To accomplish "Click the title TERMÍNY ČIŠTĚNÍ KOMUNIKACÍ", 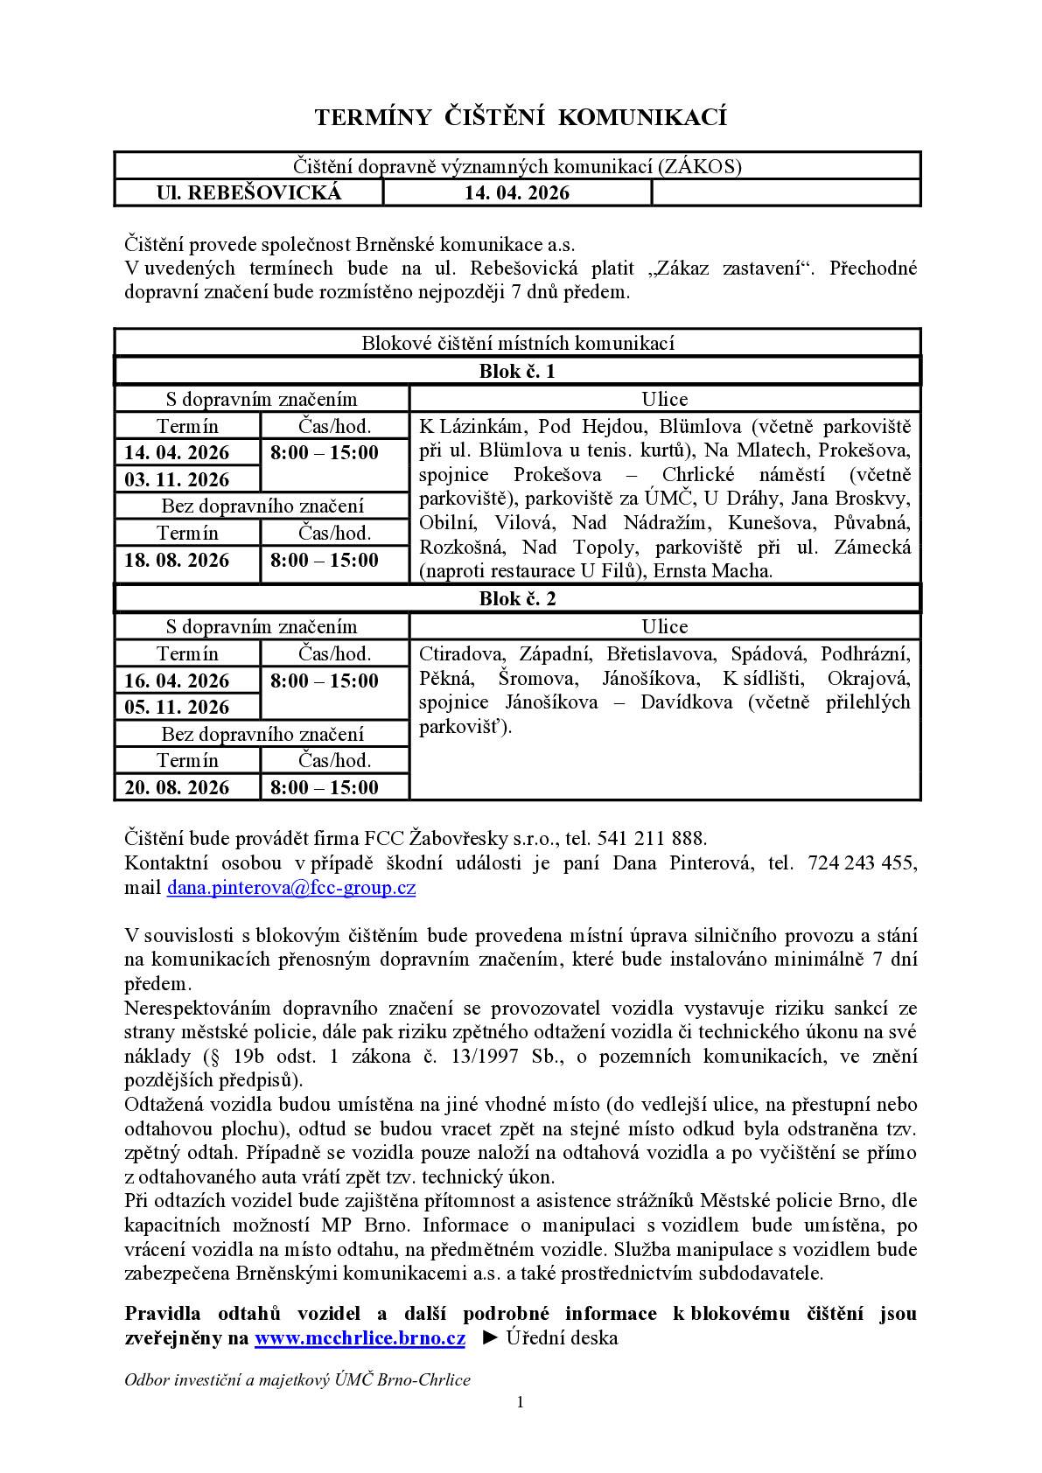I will [x=521, y=117].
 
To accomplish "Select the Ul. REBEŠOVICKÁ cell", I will [x=248, y=192].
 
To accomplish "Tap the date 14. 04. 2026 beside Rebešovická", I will [x=516, y=192].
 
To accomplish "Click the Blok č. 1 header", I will [x=516, y=371].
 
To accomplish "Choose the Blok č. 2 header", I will [x=516, y=599].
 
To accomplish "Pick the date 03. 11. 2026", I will [x=177, y=479].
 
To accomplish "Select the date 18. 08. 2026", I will [x=177, y=560].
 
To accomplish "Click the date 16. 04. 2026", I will [x=177, y=681].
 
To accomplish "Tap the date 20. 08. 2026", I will [x=177, y=787].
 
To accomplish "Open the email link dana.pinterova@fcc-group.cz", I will [x=291, y=888].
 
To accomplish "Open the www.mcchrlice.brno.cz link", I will [x=360, y=1338].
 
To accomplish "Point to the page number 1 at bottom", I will [x=521, y=1402].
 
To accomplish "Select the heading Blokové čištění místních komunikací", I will [x=517, y=343].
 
